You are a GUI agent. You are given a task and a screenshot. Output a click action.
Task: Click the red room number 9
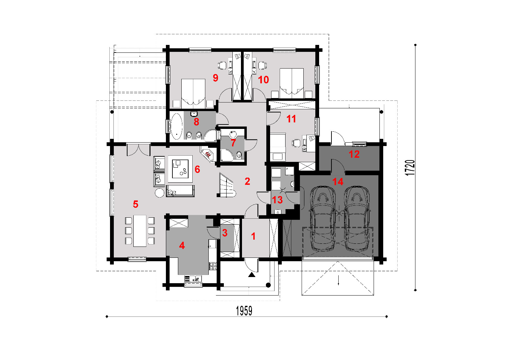pos(215,78)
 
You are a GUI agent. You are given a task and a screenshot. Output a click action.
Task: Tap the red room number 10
pos(263,80)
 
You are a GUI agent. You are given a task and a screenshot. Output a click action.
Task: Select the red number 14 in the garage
pos(338,182)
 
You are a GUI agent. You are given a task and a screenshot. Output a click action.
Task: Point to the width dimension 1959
pos(244,311)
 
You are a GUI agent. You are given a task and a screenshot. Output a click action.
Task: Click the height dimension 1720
pos(410,168)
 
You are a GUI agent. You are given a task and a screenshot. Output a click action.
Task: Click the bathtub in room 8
pos(177,127)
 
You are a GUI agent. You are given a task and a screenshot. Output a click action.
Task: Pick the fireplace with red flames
pos(208,154)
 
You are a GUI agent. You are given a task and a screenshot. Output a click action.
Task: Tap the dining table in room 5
pos(140,231)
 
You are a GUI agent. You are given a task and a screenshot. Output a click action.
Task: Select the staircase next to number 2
pos(226,185)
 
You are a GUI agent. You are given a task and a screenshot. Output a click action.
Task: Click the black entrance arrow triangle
pos(251,275)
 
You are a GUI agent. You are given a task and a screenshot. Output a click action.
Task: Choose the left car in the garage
pos(323,219)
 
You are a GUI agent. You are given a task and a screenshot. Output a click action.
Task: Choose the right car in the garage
pos(356,219)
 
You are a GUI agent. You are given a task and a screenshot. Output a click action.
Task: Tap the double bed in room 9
pos(193,93)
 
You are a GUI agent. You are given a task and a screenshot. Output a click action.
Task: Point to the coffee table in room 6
pos(180,169)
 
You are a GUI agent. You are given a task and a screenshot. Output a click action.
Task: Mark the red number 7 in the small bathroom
pos(233,143)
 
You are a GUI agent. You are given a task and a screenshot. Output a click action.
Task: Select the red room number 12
pos(354,154)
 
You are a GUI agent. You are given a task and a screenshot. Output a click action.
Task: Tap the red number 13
pos(277,200)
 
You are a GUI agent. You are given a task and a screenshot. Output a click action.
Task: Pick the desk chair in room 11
pos(296,143)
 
